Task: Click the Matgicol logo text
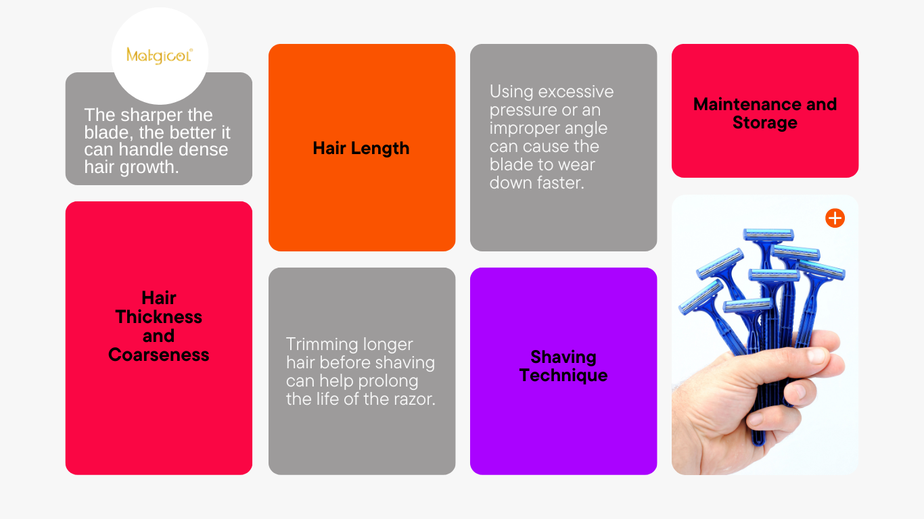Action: pos(159,55)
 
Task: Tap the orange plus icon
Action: pos(835,218)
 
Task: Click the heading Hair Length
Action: pos(361,149)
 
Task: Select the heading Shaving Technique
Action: pos(563,366)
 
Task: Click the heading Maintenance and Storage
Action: pos(765,114)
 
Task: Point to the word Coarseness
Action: pos(159,355)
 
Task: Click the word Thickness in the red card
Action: pos(159,317)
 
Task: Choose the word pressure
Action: pos(519,110)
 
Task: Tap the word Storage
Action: pos(765,123)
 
